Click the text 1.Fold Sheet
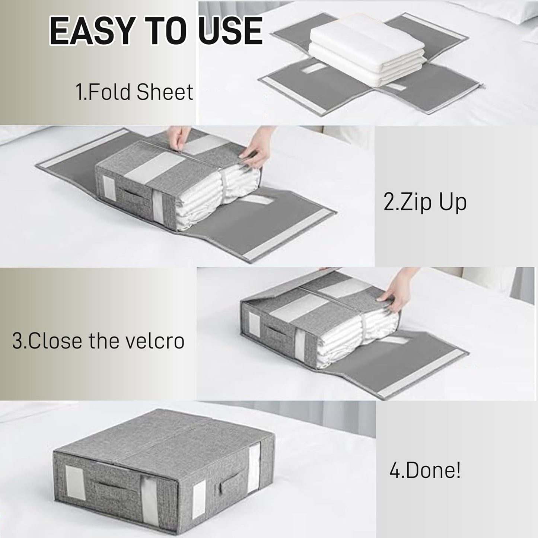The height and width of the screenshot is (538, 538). pyautogui.click(x=134, y=92)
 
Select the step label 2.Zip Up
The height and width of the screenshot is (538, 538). pyautogui.click(x=425, y=202)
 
